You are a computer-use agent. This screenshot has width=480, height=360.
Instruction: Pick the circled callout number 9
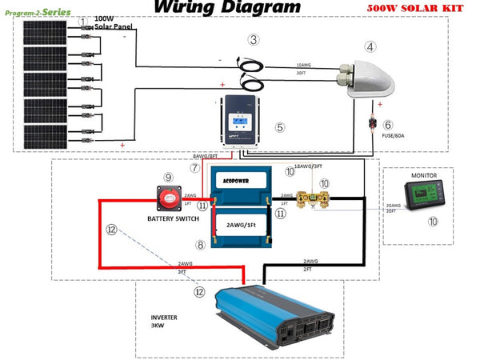coord(168,177)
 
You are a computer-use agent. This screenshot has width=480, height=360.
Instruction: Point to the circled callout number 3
coord(253,39)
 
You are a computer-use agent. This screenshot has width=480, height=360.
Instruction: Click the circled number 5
coord(279,126)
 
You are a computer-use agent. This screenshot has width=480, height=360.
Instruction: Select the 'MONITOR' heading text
coord(424,174)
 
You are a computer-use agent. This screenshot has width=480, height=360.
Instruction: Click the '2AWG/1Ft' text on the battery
coord(240,226)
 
